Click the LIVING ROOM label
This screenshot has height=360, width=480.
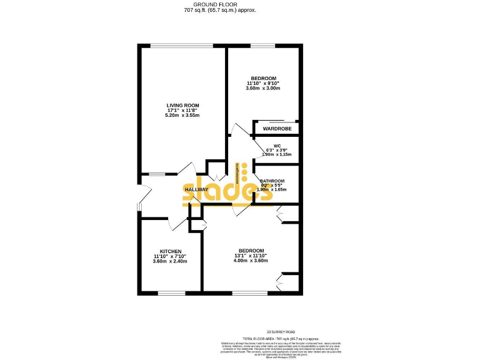pos(182,105)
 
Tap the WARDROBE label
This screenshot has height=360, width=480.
pos(275,129)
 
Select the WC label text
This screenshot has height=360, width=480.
pos(277,146)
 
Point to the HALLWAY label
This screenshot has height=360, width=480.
pos(196,189)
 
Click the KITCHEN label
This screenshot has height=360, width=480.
pos(170,251)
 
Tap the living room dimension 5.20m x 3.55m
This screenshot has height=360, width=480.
pos(182,116)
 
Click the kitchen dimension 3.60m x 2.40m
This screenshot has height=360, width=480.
pos(170,261)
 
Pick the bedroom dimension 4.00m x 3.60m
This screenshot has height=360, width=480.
pos(251,261)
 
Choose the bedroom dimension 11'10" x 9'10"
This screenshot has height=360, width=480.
pos(262,83)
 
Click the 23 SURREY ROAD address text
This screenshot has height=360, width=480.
pos(281,331)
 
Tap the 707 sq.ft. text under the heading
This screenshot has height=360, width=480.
pos(220,11)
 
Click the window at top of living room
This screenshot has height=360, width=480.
pos(182,44)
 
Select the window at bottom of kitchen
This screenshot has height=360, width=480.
pos(170,292)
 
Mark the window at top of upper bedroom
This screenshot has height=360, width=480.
pos(261,44)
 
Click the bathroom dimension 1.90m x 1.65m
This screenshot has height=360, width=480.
pos(271,189)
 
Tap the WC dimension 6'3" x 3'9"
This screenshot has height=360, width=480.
pos(277,150)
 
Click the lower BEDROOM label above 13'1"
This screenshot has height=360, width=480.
pos(251,251)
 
